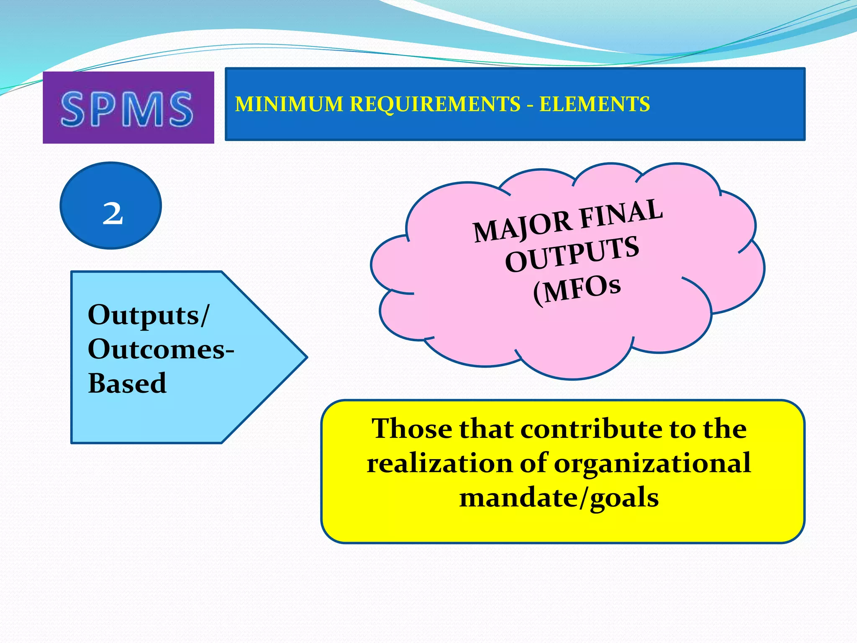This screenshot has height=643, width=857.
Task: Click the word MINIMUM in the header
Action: click(289, 104)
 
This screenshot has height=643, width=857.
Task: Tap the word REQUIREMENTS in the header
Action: click(435, 104)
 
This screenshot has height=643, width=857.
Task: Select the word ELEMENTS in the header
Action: click(594, 104)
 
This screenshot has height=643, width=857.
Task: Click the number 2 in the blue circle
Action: click(113, 213)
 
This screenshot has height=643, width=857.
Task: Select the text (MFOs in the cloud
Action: click(577, 290)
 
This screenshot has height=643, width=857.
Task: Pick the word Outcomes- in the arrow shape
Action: click(161, 349)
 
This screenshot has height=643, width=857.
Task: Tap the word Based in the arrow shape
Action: click(127, 383)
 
